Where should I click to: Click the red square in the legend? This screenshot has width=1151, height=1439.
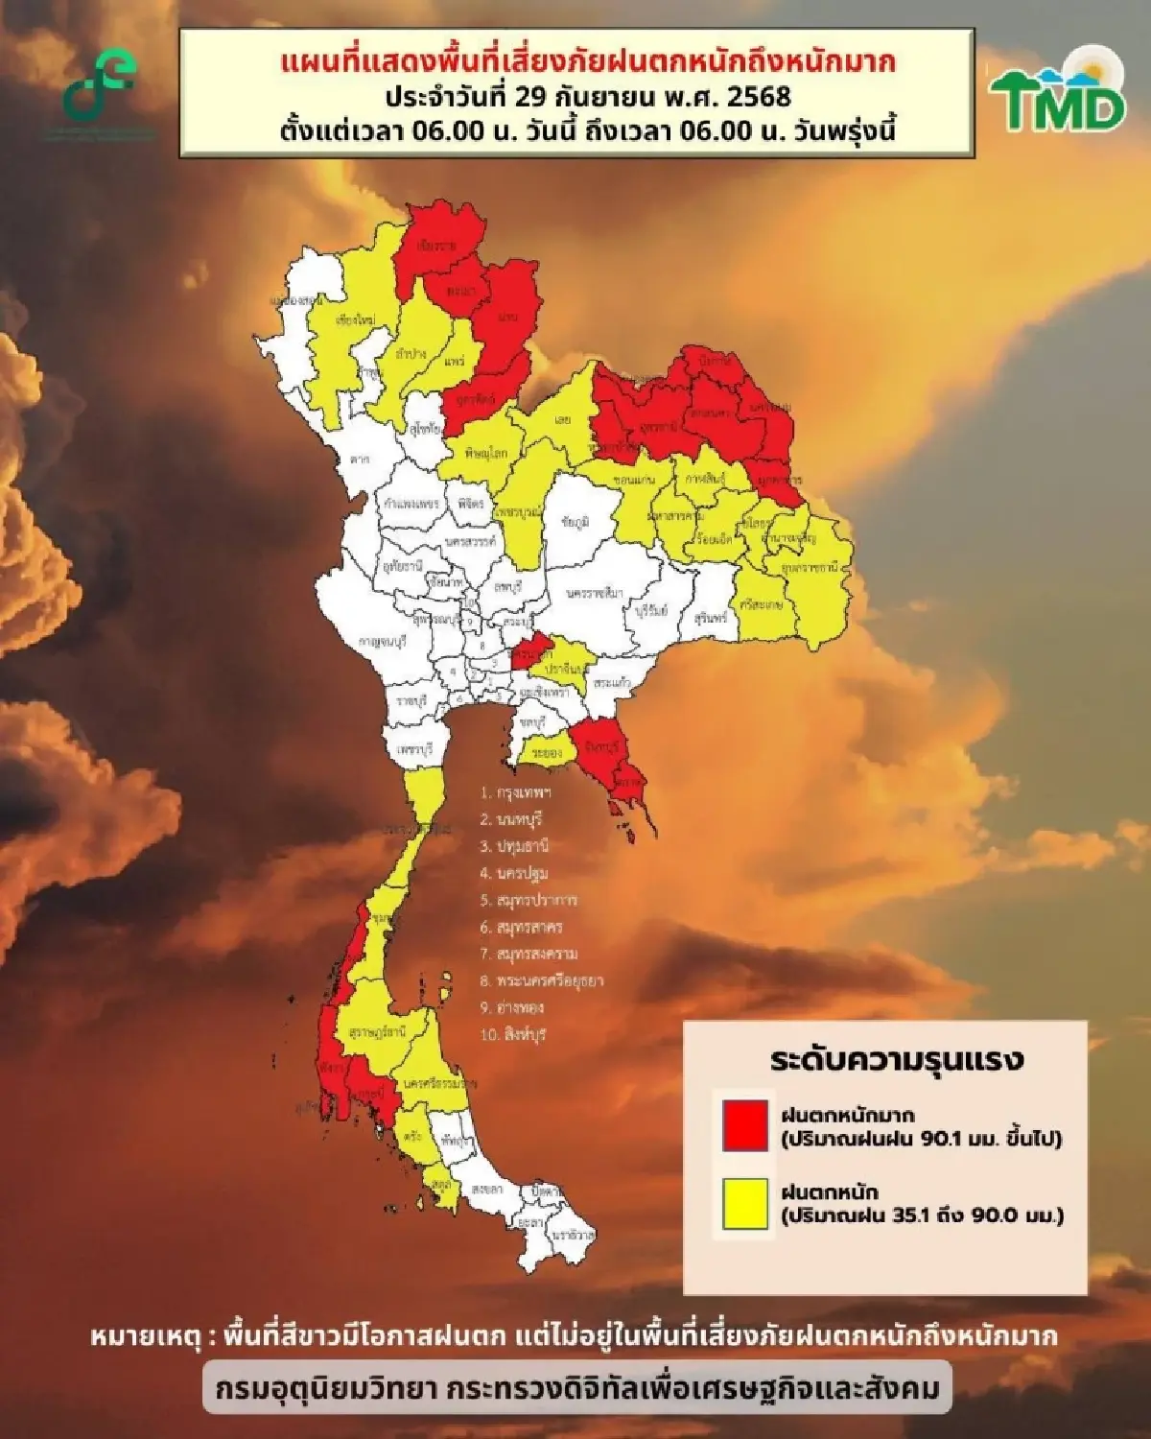(745, 1124)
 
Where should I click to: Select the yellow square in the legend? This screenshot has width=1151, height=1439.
(745, 1203)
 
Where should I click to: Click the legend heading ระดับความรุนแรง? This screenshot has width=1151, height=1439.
(897, 1060)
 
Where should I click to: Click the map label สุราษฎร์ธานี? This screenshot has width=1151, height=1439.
(378, 1033)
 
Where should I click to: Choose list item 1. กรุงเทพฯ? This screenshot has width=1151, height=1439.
(516, 793)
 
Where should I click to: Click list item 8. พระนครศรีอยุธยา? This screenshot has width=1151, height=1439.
(542, 981)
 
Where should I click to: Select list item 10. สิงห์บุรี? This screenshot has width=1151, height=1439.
(513, 1035)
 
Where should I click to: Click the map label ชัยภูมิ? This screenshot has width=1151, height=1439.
(575, 522)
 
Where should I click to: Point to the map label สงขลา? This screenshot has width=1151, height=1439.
(486, 1189)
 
